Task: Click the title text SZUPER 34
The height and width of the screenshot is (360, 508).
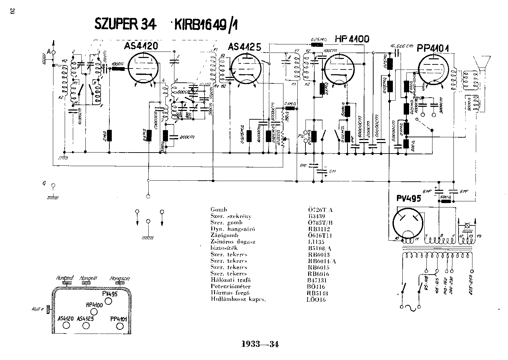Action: (125, 24)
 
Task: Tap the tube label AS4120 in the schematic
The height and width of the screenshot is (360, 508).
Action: (141, 46)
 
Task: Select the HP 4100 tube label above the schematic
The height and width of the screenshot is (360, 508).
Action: (352, 39)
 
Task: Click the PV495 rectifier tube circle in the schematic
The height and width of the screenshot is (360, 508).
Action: (408, 222)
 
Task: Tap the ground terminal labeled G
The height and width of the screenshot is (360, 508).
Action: (52, 185)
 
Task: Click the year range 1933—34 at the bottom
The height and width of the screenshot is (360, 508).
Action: (260, 344)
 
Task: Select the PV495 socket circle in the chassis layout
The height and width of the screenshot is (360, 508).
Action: (108, 301)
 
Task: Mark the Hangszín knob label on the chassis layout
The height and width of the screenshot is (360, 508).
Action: (119, 279)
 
